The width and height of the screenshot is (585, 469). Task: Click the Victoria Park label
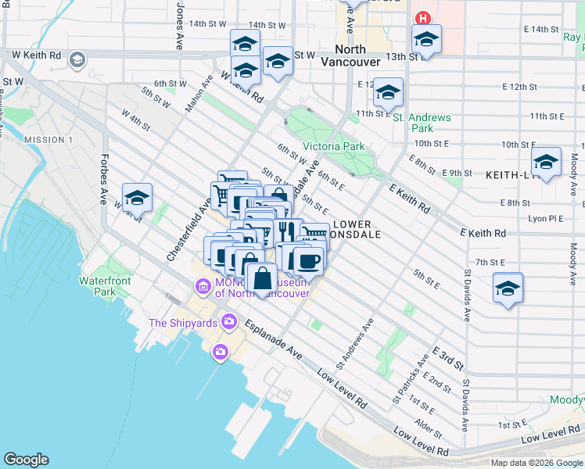click(333, 146)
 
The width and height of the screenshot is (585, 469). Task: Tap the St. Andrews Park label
click(422, 123)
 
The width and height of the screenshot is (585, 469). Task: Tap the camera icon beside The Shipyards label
click(229, 320)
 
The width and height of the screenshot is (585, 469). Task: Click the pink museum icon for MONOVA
click(203, 287)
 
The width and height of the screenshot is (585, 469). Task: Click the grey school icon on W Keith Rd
click(77, 60)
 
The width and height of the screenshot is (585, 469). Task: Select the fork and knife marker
click(286, 231)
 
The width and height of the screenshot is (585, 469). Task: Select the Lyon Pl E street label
click(547, 219)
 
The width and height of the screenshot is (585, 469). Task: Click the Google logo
click(26, 460)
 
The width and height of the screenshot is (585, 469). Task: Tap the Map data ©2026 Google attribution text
click(536, 463)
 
